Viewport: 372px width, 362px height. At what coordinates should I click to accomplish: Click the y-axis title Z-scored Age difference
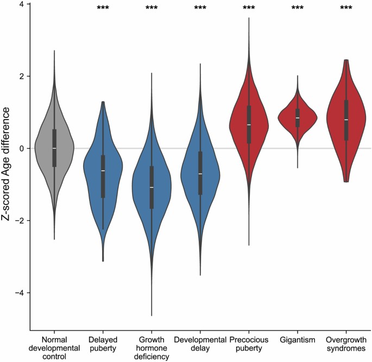click(7, 164)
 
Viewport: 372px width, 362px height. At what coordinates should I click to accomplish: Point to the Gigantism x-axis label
click(298, 339)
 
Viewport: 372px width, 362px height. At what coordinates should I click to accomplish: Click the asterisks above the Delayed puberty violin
click(103, 8)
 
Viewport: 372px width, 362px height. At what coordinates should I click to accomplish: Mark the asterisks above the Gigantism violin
click(298, 8)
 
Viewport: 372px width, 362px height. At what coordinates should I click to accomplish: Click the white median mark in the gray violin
click(54, 148)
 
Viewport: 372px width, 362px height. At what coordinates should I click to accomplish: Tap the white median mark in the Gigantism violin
click(298, 118)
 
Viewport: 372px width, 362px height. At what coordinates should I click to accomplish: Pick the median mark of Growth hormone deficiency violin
click(152, 188)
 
